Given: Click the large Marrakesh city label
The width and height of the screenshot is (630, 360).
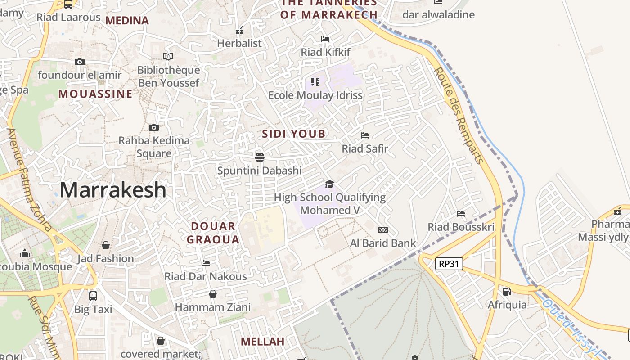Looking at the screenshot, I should click(113, 189).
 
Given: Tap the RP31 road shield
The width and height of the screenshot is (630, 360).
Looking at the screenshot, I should click(449, 264).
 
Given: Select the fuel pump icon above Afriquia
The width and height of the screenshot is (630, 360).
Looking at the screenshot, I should click(507, 292).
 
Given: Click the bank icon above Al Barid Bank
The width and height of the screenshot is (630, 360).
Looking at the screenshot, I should click(383, 230).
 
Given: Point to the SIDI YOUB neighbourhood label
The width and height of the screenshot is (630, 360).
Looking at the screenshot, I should click(294, 134).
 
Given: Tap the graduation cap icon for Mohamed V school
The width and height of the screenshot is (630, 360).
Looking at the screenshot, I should click(330, 184).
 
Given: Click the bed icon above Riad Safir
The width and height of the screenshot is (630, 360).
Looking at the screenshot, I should click(365, 135).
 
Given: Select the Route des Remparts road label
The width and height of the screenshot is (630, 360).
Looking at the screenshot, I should click(459, 115).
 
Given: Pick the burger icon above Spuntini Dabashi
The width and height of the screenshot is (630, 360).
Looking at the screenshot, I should click(259, 157).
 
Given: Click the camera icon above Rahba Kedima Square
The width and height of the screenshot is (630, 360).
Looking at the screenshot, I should click(154, 128).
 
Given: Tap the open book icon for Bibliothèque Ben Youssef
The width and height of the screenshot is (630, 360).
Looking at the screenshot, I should click(168, 57).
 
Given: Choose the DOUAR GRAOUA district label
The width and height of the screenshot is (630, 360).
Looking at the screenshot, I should click(213, 233).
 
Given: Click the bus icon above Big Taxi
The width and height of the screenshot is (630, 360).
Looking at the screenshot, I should click(93, 296).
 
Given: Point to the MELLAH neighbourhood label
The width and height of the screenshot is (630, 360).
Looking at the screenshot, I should click(262, 342).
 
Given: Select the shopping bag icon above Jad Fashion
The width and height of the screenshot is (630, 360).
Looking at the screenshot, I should click(106, 245).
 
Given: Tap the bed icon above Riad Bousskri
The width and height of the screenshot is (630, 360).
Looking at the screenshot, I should click(461, 214).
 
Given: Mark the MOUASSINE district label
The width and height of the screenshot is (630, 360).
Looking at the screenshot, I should click(95, 94).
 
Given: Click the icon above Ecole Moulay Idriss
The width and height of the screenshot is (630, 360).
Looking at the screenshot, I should click(315, 82).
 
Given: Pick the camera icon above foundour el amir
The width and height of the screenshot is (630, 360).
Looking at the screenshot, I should click(80, 62).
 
